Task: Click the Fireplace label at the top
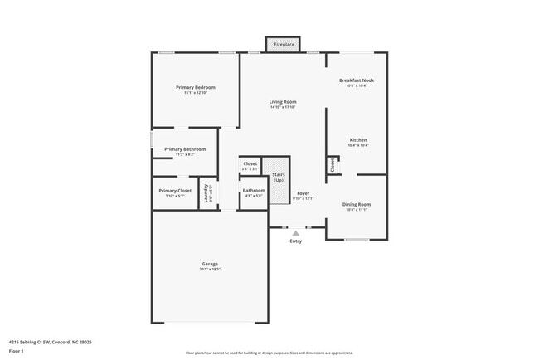[x=284, y=44]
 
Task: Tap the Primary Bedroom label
[x=196, y=87]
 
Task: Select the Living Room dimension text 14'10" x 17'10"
[x=283, y=107]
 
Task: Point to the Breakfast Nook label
[x=357, y=80]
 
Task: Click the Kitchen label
[x=357, y=140]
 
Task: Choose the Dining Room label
[x=357, y=204]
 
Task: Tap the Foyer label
[x=303, y=192]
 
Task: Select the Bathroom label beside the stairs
[x=253, y=191]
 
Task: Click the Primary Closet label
[x=175, y=191]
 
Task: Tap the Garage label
[x=209, y=264]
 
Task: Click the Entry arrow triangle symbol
[x=295, y=233]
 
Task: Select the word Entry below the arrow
[x=295, y=241]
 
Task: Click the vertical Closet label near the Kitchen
[x=333, y=165]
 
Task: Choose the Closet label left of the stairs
[x=250, y=163]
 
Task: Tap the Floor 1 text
[x=17, y=351]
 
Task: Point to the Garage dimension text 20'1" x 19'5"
[x=209, y=270]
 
